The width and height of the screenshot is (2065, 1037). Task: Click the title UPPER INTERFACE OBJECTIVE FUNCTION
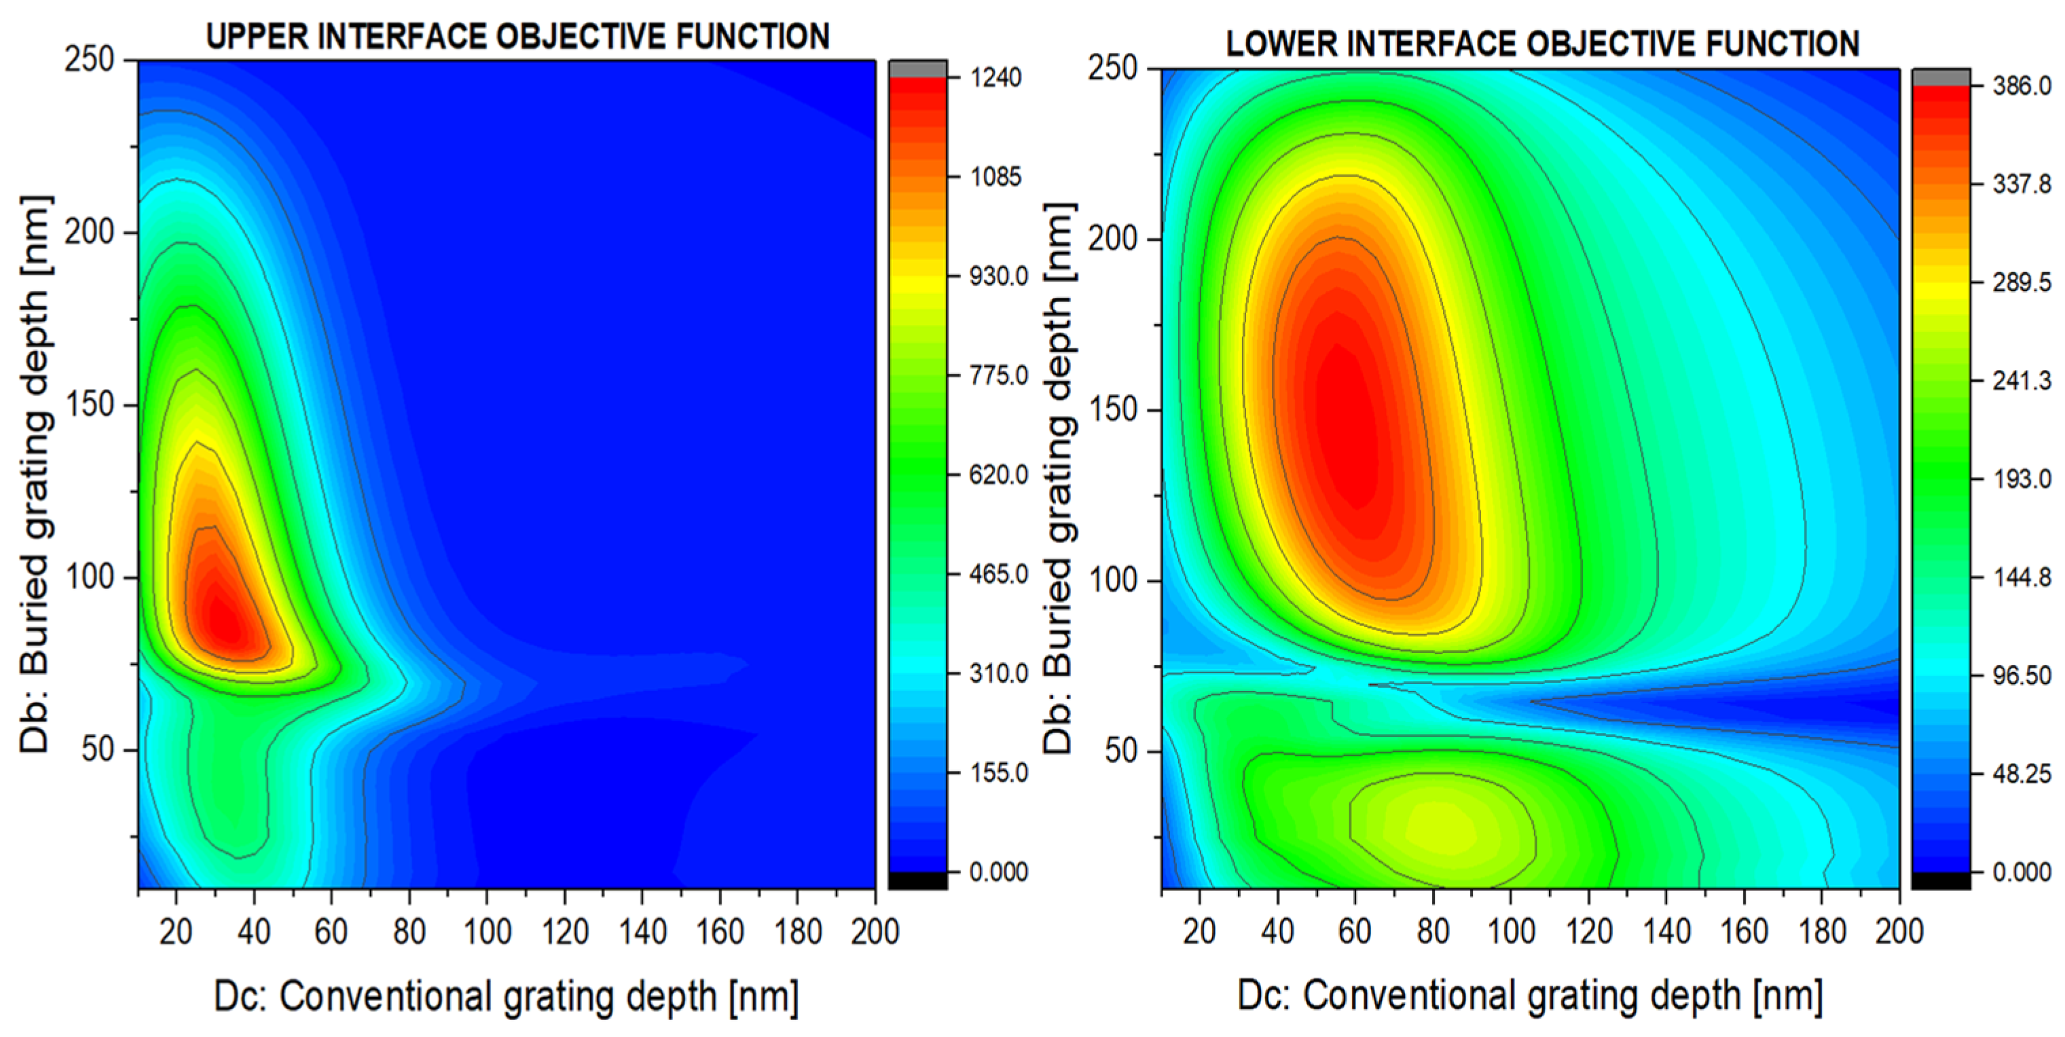coord(518,37)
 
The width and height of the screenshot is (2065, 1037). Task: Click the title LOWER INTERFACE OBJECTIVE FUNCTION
coord(1542,43)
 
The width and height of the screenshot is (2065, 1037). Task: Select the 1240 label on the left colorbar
coord(995,78)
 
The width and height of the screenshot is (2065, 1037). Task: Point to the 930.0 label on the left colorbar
coord(998,276)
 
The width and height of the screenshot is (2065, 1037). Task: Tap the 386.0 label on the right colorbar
coord(2022,86)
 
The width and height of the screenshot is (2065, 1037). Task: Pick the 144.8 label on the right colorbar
coord(2022,577)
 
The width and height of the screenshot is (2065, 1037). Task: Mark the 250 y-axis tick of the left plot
coord(89,60)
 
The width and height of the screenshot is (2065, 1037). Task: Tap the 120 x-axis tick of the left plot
coord(565,932)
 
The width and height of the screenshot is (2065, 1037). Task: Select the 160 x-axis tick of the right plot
coord(1744,932)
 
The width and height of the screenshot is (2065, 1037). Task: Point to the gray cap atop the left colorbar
coord(918,69)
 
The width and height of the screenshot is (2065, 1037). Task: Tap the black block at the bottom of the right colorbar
coord(1941,880)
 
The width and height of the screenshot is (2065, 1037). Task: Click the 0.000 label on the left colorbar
coord(998,872)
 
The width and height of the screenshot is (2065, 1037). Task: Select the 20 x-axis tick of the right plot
coord(1199,932)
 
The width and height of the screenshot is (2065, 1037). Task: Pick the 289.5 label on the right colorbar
coord(2022,282)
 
